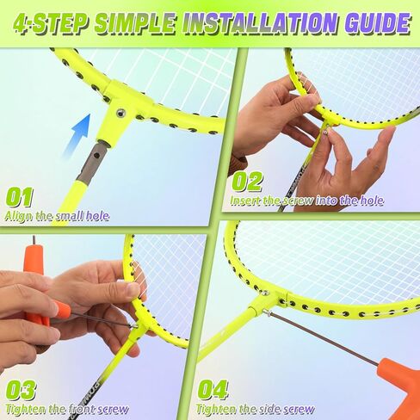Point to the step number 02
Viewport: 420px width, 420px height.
(247, 181)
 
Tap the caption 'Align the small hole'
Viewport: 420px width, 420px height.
(56, 216)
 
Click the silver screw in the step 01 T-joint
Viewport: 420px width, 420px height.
(120, 113)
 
